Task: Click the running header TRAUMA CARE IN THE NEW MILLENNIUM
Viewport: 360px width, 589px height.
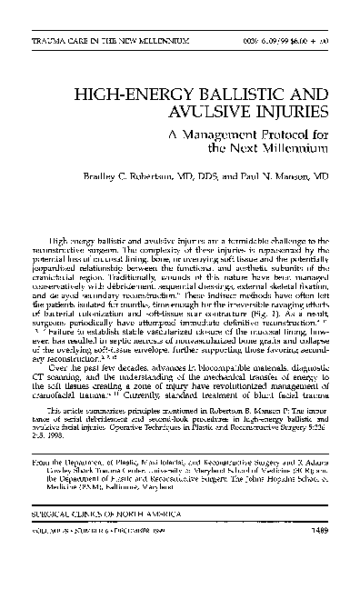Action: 110,43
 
